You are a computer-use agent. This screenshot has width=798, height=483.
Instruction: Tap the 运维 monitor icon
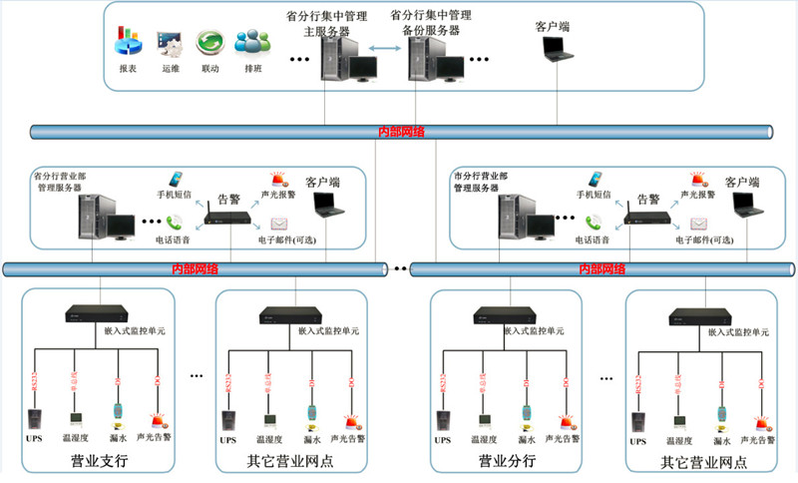tap(168, 42)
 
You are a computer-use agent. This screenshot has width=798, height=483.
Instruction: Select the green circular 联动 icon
tap(209, 42)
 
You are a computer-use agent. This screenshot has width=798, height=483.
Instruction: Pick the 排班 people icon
tap(250, 42)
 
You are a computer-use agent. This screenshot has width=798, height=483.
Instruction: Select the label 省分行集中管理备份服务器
tap(430, 23)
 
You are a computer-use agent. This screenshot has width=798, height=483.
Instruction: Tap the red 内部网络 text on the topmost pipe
tap(401, 132)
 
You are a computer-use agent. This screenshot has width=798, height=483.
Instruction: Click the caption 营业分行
tap(507, 460)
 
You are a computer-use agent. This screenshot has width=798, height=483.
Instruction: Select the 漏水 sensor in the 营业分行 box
tap(526, 413)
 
